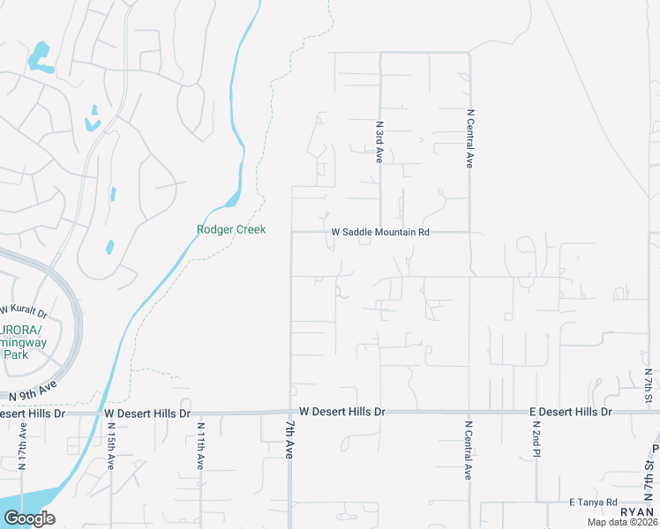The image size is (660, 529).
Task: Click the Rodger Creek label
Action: coord(230,230)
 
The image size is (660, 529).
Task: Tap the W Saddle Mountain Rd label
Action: coord(379,233)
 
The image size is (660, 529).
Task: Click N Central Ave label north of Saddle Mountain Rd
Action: coord(470,138)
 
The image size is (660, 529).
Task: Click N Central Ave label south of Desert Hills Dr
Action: coord(469,451)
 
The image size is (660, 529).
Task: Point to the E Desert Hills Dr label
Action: coord(570,413)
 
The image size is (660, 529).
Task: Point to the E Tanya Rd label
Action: coord(593,502)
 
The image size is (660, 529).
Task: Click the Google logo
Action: coord(29,518)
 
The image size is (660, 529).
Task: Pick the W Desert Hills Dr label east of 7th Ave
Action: coord(342,412)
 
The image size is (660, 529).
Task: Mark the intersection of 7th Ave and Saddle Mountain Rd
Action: coord(291,233)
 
